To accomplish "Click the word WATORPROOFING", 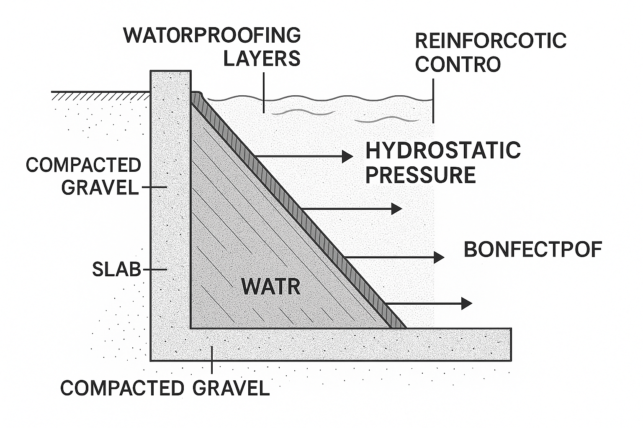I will pyautogui.click(x=212, y=36).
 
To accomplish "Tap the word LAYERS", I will pyautogui.click(x=262, y=59).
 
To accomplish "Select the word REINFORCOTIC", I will pyautogui.click(x=491, y=41).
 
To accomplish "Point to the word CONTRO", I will pyautogui.click(x=458, y=64).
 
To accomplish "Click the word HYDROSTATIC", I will pyautogui.click(x=443, y=150).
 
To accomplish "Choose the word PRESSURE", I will pyautogui.click(x=421, y=175).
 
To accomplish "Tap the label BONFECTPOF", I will pyautogui.click(x=533, y=250).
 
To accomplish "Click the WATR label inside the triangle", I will pyautogui.click(x=271, y=287).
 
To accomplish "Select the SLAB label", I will pyautogui.click(x=116, y=270).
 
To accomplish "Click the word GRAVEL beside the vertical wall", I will pyautogui.click(x=100, y=188).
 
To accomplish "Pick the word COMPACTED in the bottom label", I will pyautogui.click(x=122, y=388).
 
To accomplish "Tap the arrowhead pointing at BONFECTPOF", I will pyautogui.click(x=439, y=257).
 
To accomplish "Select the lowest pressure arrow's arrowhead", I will pyautogui.click(x=467, y=303).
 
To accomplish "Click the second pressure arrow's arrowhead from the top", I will pyautogui.click(x=397, y=208).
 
